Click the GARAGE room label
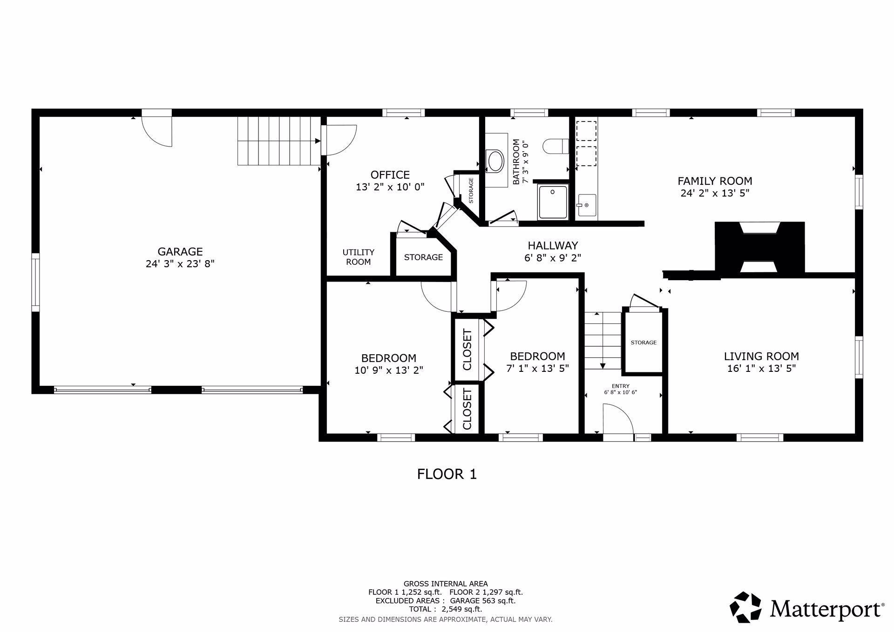pyautogui.click(x=180, y=251)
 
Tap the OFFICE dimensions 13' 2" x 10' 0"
pyautogui.click(x=390, y=187)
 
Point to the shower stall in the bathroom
pyautogui.click(x=553, y=202)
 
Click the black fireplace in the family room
pyautogui.click(x=759, y=247)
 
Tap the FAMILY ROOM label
pyautogui.click(x=714, y=181)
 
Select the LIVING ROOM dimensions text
pyautogui.click(x=761, y=369)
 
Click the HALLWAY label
pyautogui.click(x=553, y=245)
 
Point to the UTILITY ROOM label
pyautogui.click(x=358, y=257)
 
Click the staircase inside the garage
pyautogui.click(x=278, y=141)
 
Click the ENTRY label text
pyautogui.click(x=620, y=386)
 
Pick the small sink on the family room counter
pyautogui.click(x=586, y=205)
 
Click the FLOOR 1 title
pyautogui.click(x=447, y=474)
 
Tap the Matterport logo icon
pyautogui.click(x=745, y=607)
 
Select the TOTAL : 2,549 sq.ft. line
pyautogui.click(x=445, y=609)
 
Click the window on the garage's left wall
pyautogui.click(x=35, y=282)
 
